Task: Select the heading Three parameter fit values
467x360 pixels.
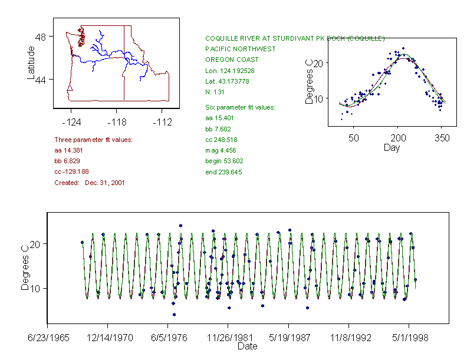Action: click(93, 140)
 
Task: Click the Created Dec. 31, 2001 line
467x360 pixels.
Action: click(89, 183)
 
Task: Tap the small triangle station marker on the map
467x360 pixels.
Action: click(70, 88)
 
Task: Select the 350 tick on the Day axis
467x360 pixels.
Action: click(442, 138)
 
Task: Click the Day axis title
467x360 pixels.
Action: click(391, 147)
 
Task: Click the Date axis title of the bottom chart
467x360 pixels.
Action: click(247, 346)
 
